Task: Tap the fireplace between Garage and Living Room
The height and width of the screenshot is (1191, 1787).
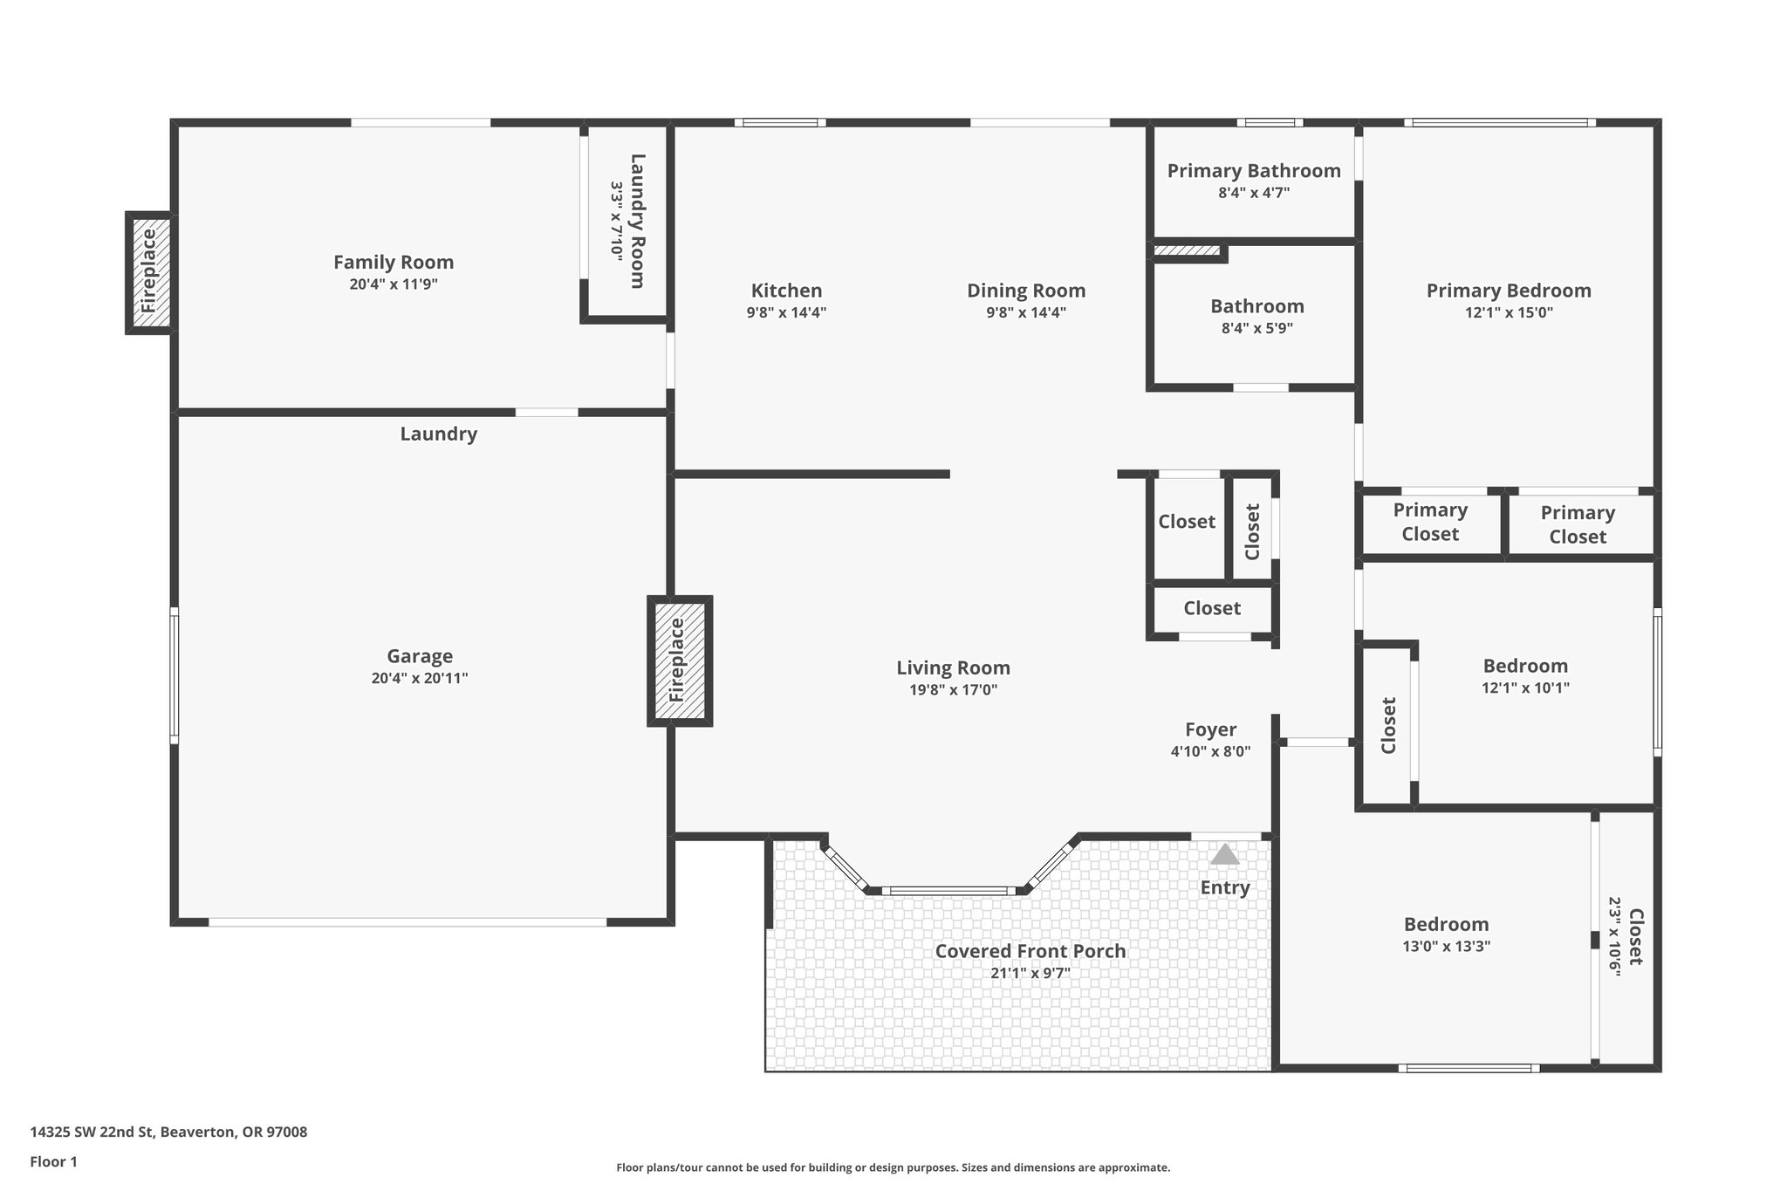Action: click(680, 661)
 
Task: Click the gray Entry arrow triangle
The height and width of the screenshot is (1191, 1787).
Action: click(1225, 854)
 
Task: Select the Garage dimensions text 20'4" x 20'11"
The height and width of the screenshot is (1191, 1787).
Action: click(420, 678)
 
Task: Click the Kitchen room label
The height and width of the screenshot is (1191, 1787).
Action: click(786, 291)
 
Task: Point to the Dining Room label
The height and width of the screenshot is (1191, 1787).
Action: click(1026, 291)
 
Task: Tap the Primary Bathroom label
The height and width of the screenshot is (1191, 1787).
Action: click(1254, 171)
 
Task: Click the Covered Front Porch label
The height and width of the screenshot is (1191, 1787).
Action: click(1030, 951)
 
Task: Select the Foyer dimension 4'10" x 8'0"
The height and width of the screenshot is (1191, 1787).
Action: click(1210, 751)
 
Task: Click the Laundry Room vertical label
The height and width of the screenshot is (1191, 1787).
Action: click(638, 221)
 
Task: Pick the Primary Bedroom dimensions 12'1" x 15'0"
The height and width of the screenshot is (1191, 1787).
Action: click(1509, 312)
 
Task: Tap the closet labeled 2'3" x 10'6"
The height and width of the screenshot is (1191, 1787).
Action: click(1626, 937)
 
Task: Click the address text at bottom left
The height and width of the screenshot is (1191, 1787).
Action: click(168, 1133)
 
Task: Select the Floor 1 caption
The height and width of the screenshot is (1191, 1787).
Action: click(53, 1161)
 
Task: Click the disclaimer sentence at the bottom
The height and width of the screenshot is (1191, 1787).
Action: click(893, 1167)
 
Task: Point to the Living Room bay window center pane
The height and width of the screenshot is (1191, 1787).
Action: click(948, 891)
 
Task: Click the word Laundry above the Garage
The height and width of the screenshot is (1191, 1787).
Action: click(438, 434)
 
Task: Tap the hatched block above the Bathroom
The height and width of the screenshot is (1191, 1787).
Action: click(1187, 251)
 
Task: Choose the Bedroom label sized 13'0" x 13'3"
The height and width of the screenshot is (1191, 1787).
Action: click(1446, 924)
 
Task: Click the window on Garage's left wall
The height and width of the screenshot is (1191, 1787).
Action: click(175, 676)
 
